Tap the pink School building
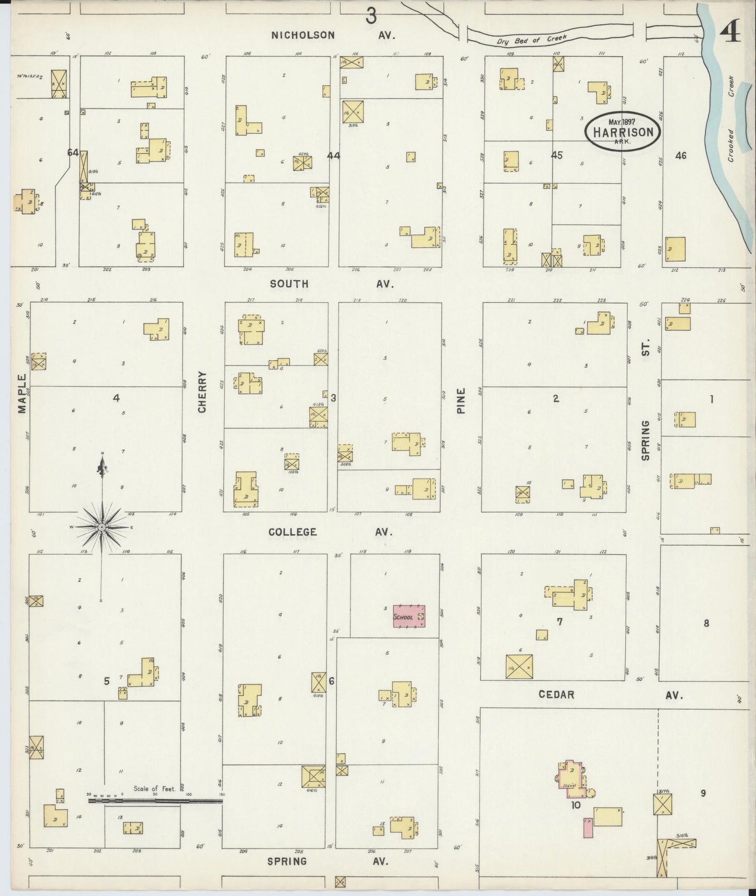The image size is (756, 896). click(x=409, y=616)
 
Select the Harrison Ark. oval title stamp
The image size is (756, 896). click(x=622, y=131)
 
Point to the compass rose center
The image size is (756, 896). click(x=101, y=527)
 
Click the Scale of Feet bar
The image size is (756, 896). click(x=155, y=800)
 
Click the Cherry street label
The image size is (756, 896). click(x=202, y=392)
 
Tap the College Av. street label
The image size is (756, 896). click(x=330, y=532)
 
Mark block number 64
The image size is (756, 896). click(x=73, y=153)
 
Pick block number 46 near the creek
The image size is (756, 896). click(x=680, y=155)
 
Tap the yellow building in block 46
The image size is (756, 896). click(x=675, y=249)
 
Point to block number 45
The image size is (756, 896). click(x=557, y=155)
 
